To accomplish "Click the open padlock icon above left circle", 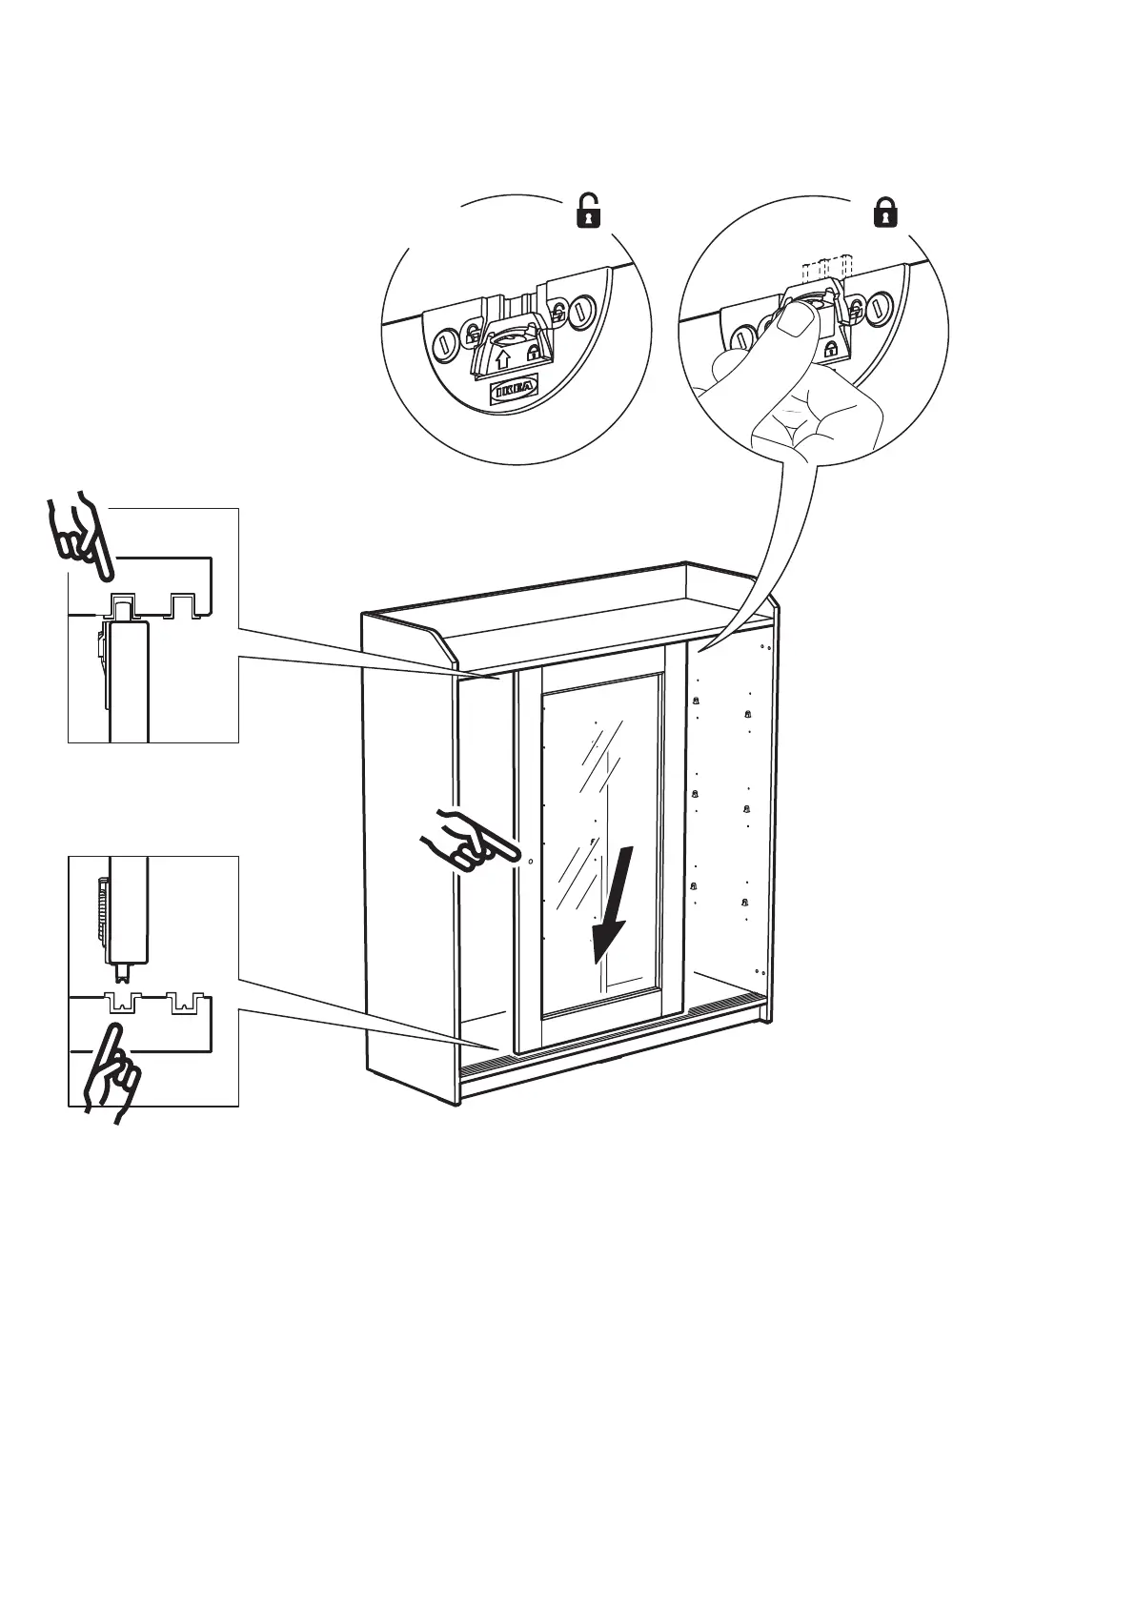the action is pos(590,211).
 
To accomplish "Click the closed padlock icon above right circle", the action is pos(886,211).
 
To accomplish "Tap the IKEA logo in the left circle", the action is pos(514,390).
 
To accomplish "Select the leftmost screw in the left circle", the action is pos(445,345).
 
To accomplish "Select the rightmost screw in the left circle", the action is pos(582,311).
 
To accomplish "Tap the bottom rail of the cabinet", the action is pos(610,1038).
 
